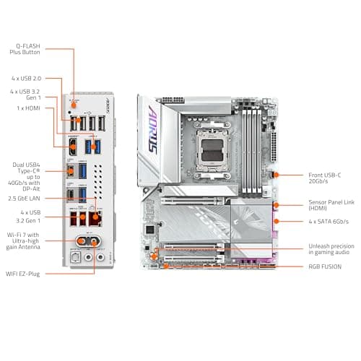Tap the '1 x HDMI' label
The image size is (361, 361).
coord(30,108)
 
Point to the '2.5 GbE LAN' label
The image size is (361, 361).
coord(25,198)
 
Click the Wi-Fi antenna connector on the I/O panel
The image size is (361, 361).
coord(84,242)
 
